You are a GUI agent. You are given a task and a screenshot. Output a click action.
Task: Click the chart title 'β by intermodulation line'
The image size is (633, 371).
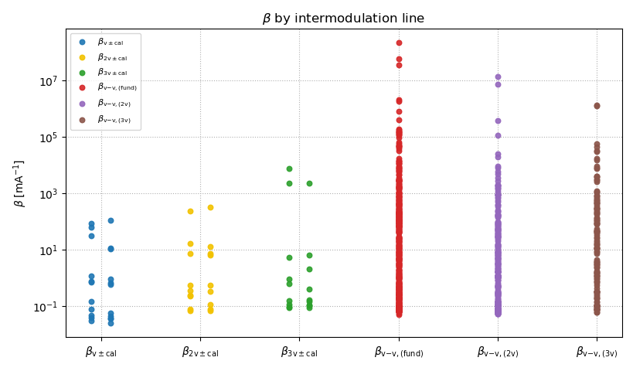(x=343, y=19)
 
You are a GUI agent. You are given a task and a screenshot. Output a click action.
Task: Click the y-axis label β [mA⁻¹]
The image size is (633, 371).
(x=19, y=183)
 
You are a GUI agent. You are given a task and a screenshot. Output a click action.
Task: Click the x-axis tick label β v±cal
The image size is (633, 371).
(x=101, y=352)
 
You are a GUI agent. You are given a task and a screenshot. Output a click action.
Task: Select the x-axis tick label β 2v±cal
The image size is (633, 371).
(x=200, y=352)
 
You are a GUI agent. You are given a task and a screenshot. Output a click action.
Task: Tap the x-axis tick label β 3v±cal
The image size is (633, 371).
(x=299, y=352)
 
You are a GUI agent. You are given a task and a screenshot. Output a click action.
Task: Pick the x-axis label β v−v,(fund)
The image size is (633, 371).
(x=399, y=352)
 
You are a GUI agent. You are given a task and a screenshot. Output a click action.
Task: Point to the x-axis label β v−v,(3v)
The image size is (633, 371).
(x=597, y=352)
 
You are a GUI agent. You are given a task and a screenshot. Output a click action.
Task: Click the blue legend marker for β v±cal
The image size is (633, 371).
(x=82, y=42)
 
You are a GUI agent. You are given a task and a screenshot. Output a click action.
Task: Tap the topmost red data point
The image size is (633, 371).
(x=399, y=43)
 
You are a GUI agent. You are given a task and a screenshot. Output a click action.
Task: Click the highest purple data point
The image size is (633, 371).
(x=498, y=77)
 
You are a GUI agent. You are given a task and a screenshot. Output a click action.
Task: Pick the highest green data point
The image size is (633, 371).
(x=289, y=168)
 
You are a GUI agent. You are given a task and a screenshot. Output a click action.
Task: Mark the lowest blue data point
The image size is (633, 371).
(x=111, y=323)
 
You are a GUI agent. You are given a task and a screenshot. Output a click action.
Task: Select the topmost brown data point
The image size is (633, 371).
(x=597, y=106)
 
